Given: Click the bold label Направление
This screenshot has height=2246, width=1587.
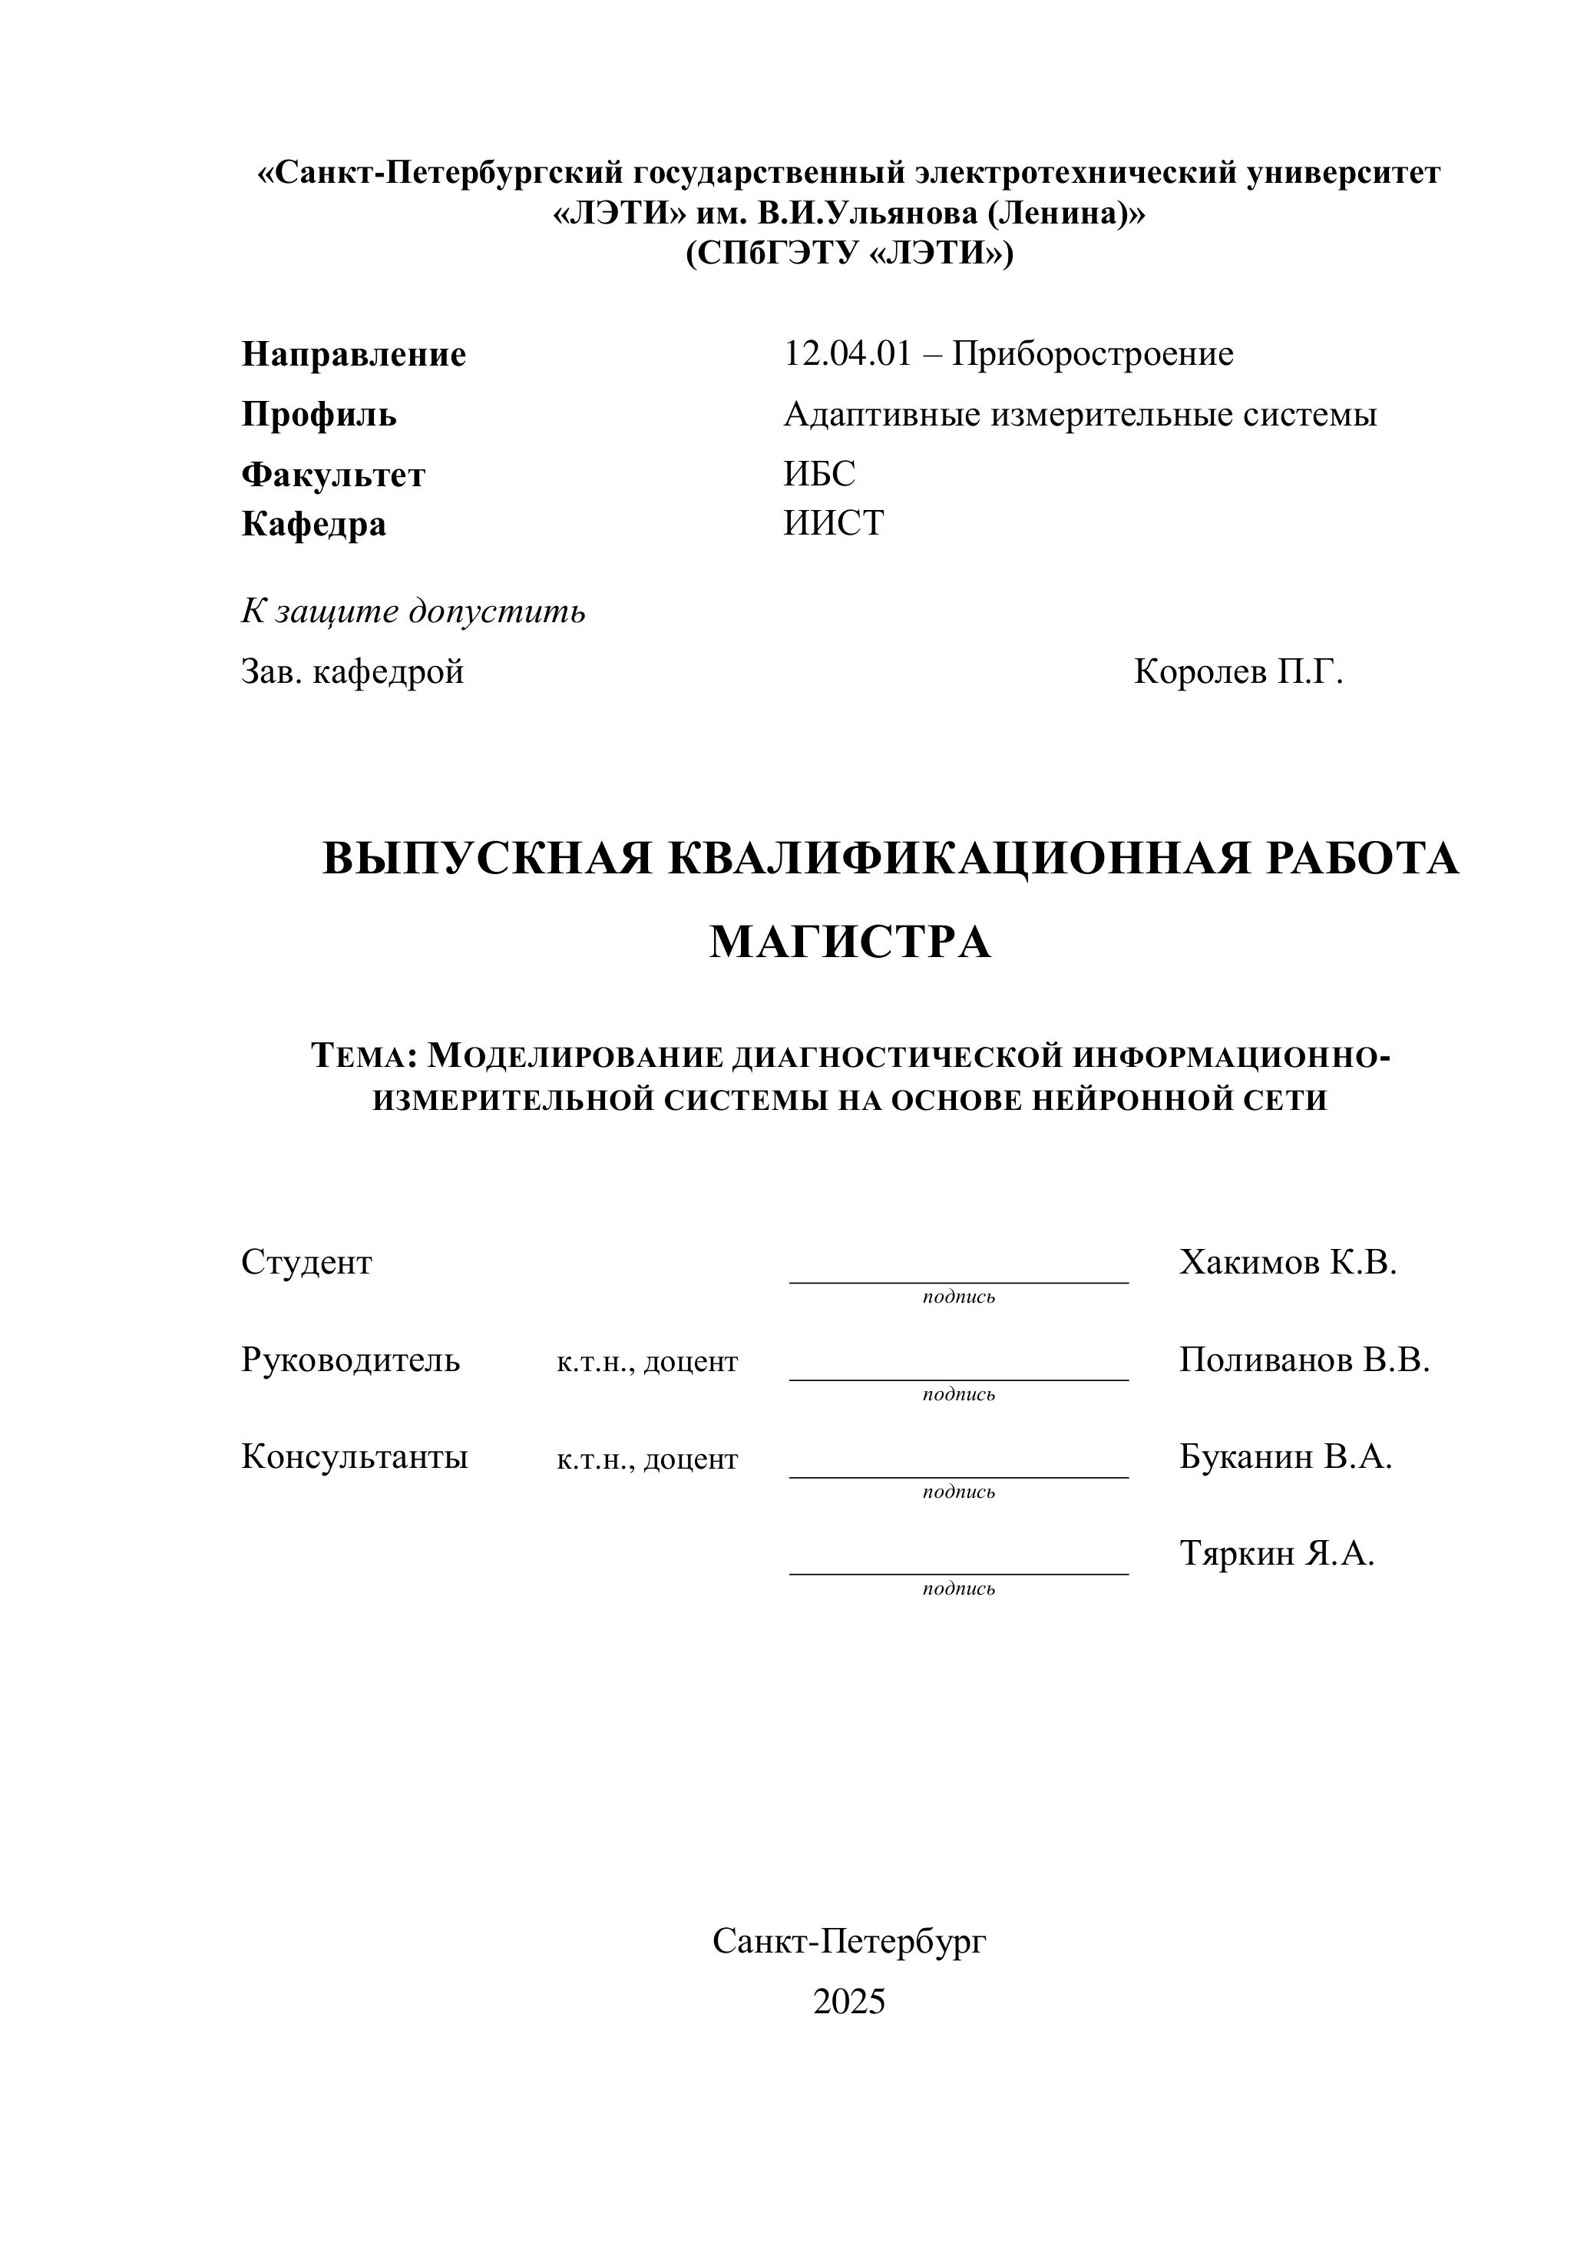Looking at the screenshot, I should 353,354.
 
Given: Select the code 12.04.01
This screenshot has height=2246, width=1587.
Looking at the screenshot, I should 847,353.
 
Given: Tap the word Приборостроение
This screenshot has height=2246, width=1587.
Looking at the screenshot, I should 1093,353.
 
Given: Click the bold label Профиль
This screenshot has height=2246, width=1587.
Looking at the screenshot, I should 319,415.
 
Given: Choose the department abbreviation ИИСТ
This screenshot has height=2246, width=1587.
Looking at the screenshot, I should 833,523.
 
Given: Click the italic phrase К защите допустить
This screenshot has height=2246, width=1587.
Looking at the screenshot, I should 412,611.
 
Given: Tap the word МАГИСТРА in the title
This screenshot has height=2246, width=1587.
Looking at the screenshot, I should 850,942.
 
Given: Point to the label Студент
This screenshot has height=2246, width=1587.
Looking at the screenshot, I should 306,1262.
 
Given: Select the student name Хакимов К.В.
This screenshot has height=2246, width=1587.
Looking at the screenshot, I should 1288,1262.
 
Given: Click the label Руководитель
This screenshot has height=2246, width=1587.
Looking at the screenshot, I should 350,1360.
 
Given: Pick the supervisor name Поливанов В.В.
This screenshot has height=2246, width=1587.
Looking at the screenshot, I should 1304,1360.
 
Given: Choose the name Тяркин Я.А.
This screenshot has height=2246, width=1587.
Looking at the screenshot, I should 1276,1553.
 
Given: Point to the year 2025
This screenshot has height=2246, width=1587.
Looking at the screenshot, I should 848,2002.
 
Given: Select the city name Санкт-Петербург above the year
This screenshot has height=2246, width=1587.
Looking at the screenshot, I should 848,1942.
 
